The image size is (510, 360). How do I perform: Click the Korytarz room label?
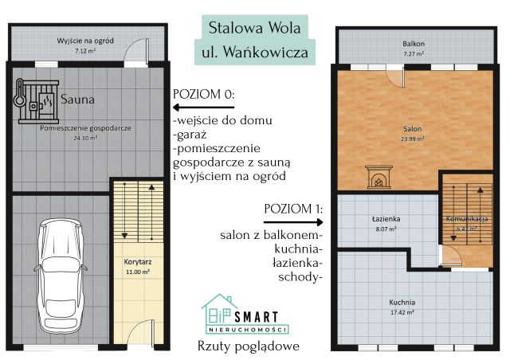tap(138, 260)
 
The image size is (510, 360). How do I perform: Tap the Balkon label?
tap(413, 43)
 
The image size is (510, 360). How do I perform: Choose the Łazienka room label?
tap(386, 217)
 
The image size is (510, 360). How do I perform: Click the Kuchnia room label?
tap(402, 302)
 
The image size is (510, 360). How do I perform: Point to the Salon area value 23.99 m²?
tap(412, 139)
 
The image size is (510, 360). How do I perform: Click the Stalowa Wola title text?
tap(254, 25)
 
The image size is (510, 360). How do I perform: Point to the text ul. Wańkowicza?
tap(254, 53)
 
